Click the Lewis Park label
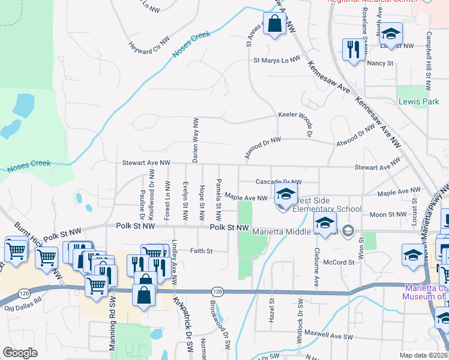[419, 102]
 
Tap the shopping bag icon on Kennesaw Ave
[274, 25]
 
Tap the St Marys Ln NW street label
[276, 60]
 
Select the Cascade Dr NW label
[278, 181]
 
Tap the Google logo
[20, 353]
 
